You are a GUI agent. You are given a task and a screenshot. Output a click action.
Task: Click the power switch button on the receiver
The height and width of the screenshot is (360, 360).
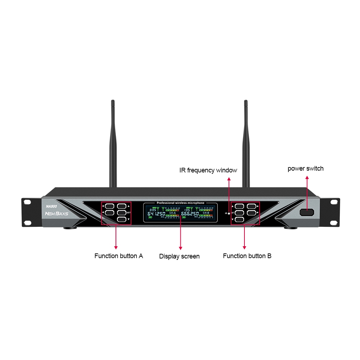(x=306, y=213)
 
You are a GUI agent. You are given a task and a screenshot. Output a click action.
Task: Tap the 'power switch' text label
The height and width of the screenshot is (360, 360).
(x=305, y=168)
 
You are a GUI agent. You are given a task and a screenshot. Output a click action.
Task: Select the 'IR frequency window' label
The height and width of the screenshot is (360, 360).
(x=208, y=170)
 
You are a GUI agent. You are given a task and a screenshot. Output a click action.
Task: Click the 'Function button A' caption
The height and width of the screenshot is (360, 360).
(x=118, y=256)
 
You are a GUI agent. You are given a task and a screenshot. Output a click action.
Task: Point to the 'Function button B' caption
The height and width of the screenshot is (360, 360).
(x=247, y=256)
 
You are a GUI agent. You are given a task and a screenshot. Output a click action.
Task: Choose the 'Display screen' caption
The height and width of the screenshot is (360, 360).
(x=179, y=256)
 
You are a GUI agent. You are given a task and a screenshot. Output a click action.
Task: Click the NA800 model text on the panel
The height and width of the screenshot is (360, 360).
(x=52, y=206)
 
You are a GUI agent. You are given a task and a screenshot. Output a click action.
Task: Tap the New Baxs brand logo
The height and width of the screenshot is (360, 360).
(x=56, y=213)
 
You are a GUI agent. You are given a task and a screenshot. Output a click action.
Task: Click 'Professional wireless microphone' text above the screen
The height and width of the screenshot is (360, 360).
(x=180, y=203)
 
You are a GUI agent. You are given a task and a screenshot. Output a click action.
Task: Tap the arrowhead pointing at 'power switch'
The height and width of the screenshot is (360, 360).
(x=307, y=177)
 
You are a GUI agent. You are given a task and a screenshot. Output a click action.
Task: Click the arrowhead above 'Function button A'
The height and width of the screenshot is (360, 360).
(x=116, y=247)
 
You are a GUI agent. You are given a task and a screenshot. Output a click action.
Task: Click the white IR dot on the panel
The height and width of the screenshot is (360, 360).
(x=229, y=213)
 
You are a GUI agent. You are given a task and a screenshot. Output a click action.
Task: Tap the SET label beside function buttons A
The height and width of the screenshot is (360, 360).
(x=129, y=212)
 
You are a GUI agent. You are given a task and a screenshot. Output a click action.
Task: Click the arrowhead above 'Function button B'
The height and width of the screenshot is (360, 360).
(x=244, y=247)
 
